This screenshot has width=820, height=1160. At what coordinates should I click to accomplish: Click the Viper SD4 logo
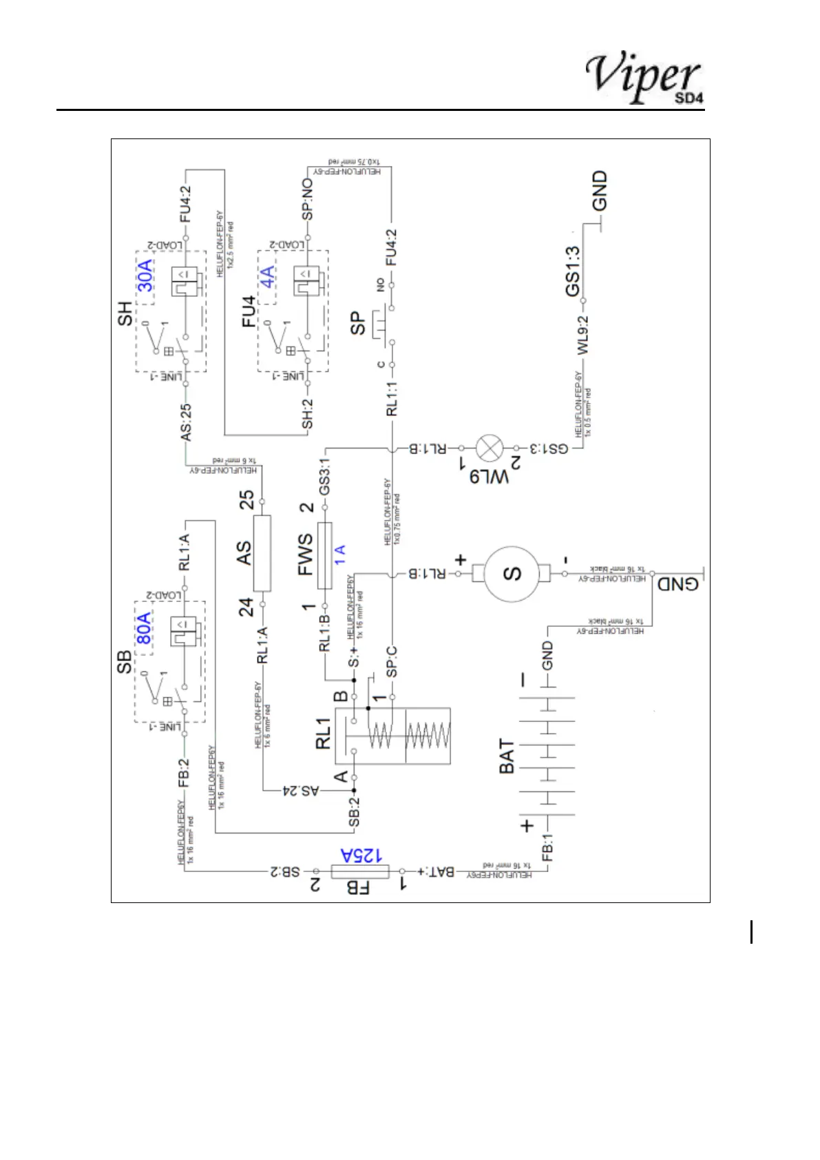[644, 78]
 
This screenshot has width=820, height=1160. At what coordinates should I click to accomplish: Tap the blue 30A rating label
[145, 276]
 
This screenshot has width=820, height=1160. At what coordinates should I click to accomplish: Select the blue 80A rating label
[143, 628]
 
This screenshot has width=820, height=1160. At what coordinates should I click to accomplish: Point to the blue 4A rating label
[267, 276]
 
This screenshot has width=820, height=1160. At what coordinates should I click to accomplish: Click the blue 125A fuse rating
[361, 856]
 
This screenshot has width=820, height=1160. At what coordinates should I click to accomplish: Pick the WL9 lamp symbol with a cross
[490, 448]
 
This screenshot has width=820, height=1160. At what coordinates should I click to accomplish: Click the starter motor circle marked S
[513, 573]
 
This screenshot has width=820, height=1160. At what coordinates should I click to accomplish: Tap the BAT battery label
[507, 756]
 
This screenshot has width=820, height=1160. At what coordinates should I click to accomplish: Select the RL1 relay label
[324, 733]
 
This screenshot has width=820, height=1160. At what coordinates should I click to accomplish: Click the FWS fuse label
[306, 554]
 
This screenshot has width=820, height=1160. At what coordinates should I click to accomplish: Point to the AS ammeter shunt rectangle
[262, 553]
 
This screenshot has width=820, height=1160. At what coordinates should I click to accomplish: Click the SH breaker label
[125, 313]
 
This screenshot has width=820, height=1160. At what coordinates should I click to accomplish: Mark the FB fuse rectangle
[360, 871]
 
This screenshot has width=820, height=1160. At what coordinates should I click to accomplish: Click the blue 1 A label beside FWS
[339, 555]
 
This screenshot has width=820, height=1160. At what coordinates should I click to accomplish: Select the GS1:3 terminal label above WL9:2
[573, 271]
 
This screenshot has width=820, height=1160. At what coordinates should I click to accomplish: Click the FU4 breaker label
[248, 311]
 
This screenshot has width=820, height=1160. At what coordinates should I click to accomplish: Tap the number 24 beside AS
[246, 607]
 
